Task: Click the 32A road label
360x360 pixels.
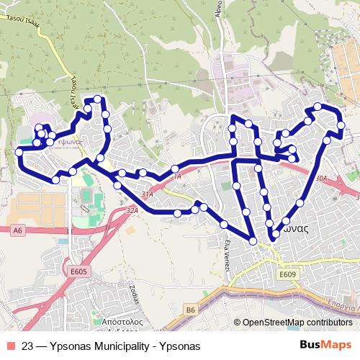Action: coord(131,211)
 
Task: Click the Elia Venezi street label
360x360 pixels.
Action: coord(228,253)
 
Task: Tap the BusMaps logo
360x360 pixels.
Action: coord(325,344)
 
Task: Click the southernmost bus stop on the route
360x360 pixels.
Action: coord(253,240)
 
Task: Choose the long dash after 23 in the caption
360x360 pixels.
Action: coord(42,345)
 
